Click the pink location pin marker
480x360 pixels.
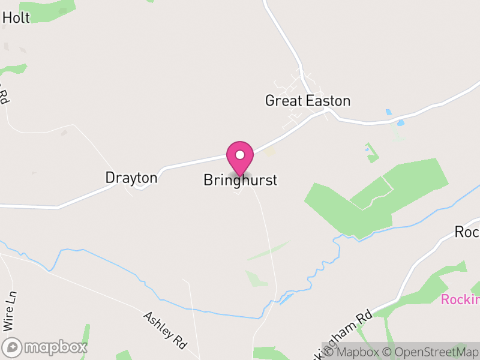(240, 158)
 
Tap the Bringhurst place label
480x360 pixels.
(240, 180)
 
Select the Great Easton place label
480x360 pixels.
(307, 101)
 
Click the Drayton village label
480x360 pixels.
(131, 178)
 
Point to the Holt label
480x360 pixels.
(16, 18)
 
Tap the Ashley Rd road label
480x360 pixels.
(165, 330)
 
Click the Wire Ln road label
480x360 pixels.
(8, 312)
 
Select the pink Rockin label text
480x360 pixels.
(460, 300)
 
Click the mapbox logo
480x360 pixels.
(45, 347)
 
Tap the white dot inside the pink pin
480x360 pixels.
(240, 155)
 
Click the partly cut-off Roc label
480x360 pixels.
(467, 232)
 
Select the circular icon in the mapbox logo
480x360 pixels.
(12, 347)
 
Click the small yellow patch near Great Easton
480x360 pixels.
(270, 152)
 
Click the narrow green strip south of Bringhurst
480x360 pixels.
(267, 251)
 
